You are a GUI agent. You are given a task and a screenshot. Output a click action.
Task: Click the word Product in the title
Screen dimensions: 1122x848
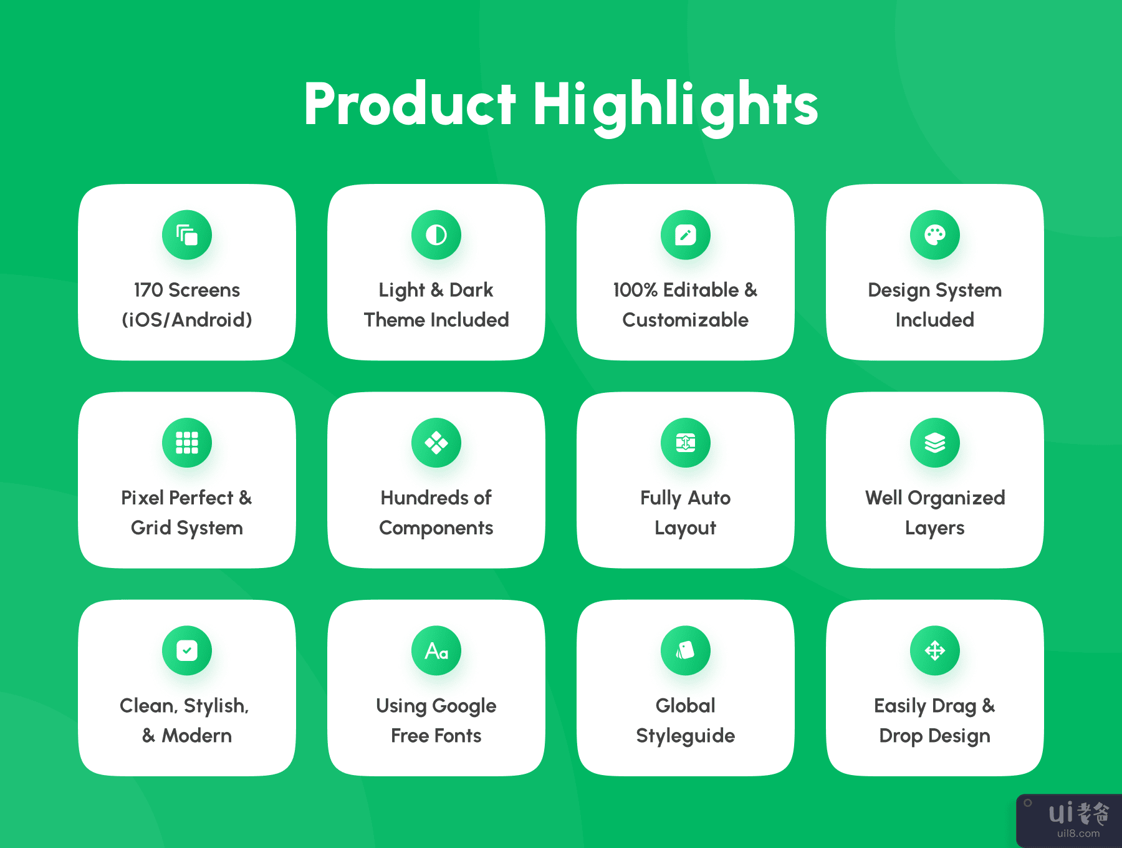click(x=410, y=105)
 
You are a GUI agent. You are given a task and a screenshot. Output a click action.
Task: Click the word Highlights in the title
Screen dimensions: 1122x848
click(x=675, y=107)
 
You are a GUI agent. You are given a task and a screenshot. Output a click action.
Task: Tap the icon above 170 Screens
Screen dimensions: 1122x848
click(x=187, y=235)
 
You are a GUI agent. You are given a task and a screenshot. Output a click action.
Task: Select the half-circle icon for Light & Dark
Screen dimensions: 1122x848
click(x=436, y=235)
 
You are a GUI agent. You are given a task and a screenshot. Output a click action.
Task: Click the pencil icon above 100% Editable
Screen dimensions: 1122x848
click(x=686, y=235)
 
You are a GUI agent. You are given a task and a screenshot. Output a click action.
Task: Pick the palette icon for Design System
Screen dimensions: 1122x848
click(x=935, y=235)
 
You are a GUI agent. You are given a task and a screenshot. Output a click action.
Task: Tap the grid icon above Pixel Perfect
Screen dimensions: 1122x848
click(x=187, y=443)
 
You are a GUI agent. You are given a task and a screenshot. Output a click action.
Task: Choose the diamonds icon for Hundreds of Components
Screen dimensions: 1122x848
click(x=436, y=443)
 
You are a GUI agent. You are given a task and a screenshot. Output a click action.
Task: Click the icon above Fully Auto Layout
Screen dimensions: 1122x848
click(x=686, y=443)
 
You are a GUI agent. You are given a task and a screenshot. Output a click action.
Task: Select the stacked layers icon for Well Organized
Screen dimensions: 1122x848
click(x=935, y=443)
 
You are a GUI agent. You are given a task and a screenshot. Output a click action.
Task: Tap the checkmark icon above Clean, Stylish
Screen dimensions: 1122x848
click(x=187, y=650)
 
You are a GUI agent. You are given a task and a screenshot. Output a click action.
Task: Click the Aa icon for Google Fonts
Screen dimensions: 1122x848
click(x=436, y=650)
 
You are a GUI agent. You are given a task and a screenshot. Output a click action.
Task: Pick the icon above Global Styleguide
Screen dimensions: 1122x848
click(x=686, y=650)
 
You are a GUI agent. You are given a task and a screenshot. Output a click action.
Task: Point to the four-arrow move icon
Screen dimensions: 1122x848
click(x=935, y=650)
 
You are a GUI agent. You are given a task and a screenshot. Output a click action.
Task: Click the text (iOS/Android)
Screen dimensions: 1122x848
click(x=187, y=320)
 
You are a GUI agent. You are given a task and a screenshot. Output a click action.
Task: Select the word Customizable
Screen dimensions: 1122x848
click(x=686, y=320)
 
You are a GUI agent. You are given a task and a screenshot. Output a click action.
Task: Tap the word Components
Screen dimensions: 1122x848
click(x=436, y=528)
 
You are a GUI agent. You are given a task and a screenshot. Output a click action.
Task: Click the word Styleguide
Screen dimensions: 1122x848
click(x=686, y=736)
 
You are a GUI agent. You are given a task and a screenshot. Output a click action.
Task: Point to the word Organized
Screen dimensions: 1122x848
click(x=956, y=498)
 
